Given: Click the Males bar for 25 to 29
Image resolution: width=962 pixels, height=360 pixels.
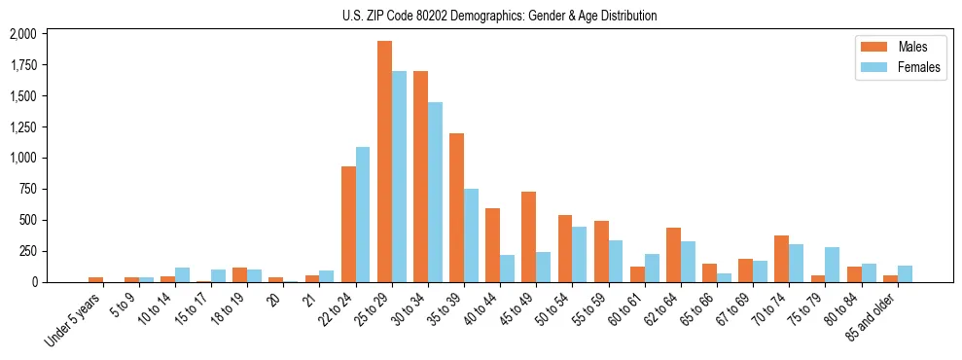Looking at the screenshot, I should pyautogui.click(x=384, y=162).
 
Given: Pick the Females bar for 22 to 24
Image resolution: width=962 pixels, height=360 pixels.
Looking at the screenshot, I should pyautogui.click(x=363, y=214).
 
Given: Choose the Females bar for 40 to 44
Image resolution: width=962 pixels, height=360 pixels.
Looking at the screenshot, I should pyautogui.click(x=507, y=269).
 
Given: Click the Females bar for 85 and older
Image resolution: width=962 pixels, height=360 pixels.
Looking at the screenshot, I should pyautogui.click(x=905, y=273).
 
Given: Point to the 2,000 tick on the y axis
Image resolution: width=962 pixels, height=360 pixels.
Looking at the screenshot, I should pyautogui.click(x=22, y=34).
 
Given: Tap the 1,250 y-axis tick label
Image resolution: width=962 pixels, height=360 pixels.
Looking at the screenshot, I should pyautogui.click(x=22, y=127).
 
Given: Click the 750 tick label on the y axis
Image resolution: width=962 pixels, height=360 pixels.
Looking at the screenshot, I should pyautogui.click(x=28, y=190).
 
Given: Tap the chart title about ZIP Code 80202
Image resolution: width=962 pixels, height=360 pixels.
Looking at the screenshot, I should pyautogui.click(x=499, y=16).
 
